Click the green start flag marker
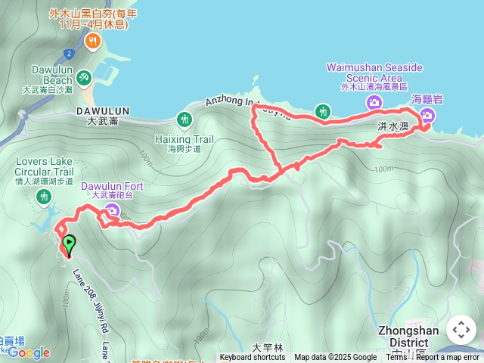pos(70,244)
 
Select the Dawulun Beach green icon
pos(83,76)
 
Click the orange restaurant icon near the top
pos(94,41)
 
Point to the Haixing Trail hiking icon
pos(184,119)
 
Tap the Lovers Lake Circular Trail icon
pos(44,197)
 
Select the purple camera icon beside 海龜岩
pos(427,115)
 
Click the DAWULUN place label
pos(103,110)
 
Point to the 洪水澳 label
pos(393,126)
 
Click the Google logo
pos(28,352)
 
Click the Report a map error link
pos(448,358)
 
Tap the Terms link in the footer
pos(396,358)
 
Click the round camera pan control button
pos(461,330)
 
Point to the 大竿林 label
pos(268,348)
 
